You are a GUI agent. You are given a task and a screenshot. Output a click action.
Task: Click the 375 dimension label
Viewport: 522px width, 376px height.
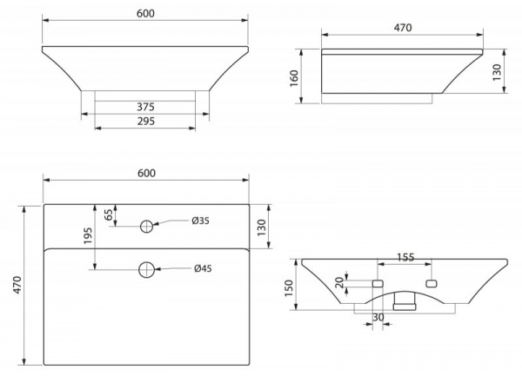point(146,107)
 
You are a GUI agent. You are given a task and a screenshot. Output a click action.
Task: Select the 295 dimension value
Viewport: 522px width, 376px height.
point(146,122)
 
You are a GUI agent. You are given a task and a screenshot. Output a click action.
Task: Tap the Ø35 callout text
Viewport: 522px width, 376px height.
point(200,221)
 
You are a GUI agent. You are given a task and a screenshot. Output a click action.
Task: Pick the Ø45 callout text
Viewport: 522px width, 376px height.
point(203,268)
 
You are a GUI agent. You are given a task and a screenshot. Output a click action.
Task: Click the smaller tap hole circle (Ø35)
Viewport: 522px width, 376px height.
point(146,227)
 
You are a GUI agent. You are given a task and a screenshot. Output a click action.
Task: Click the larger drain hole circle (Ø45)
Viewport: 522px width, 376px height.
point(146,269)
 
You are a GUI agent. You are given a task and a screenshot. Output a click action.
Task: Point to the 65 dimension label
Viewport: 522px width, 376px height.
point(109,214)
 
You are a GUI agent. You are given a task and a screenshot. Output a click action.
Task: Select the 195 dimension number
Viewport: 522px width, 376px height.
point(88,236)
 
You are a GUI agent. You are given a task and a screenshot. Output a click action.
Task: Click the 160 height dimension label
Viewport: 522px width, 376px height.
point(294,78)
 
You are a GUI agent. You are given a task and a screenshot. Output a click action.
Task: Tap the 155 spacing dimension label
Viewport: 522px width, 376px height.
point(405,257)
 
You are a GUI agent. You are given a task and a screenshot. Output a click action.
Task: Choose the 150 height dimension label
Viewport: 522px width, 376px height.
point(289,288)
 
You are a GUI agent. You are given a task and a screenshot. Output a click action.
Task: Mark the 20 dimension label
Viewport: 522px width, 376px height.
point(339,283)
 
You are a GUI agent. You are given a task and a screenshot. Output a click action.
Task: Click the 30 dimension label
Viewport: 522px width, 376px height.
point(378,318)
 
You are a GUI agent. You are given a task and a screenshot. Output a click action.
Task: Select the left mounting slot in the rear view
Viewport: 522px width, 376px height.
point(378,284)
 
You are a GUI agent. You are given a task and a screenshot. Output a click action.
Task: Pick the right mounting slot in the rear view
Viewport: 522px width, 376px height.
point(432,284)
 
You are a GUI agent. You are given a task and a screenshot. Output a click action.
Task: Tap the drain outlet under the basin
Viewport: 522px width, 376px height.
point(405,301)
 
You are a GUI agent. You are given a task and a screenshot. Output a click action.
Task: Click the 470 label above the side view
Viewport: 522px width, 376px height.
point(403,28)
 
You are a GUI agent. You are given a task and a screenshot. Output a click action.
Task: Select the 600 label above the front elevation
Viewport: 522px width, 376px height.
point(145,13)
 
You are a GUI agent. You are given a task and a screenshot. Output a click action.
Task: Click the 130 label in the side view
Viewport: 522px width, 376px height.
point(497,72)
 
